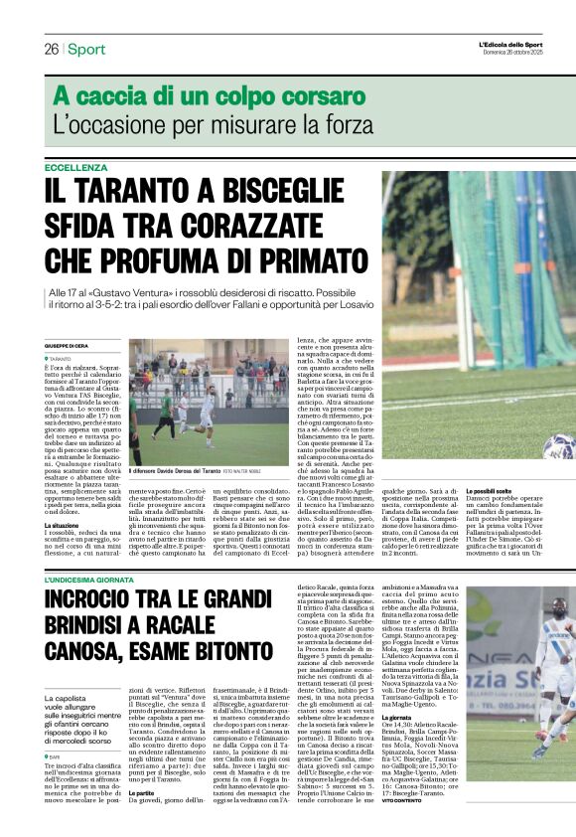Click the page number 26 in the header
50,49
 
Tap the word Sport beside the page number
86,49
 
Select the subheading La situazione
67,524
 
